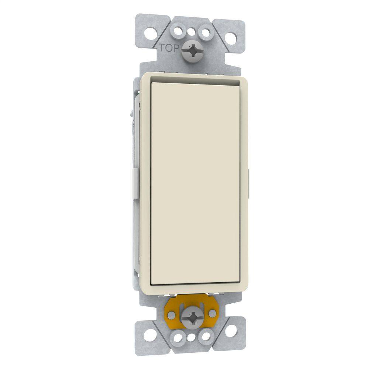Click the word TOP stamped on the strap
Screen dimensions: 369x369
(168, 48)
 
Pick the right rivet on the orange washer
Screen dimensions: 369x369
(212, 313)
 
